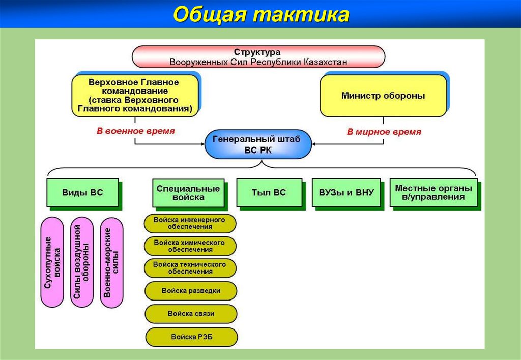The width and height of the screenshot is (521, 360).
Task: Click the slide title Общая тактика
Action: pyautogui.click(x=260, y=15)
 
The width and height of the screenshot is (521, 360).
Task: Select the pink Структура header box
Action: pyautogui.click(x=258, y=57)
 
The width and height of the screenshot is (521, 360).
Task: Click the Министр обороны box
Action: pyautogui.click(x=383, y=95)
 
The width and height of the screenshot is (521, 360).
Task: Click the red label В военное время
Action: pyautogui.click(x=135, y=131)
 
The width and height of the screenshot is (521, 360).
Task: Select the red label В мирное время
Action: pyautogui.click(x=384, y=132)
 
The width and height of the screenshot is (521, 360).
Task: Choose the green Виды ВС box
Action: pyautogui.click(x=82, y=192)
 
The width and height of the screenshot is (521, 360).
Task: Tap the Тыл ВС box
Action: pyautogui.click(x=269, y=192)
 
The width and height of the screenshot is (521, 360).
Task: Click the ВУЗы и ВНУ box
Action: pyautogui.click(x=346, y=192)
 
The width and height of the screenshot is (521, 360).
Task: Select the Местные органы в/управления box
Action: pyautogui.click(x=433, y=192)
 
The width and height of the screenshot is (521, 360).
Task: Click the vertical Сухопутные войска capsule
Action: pyautogui.click(x=52, y=262)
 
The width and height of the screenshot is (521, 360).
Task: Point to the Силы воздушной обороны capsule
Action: pyautogui.click(x=82, y=262)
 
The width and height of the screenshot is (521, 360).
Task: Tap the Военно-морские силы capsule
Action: pyautogui.click(x=112, y=262)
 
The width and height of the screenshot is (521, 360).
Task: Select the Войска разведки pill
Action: pyautogui.click(x=191, y=291)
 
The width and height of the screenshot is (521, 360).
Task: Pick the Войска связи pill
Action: pyautogui.click(x=191, y=314)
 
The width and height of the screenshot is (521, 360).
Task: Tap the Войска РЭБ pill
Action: pyautogui.click(x=191, y=337)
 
